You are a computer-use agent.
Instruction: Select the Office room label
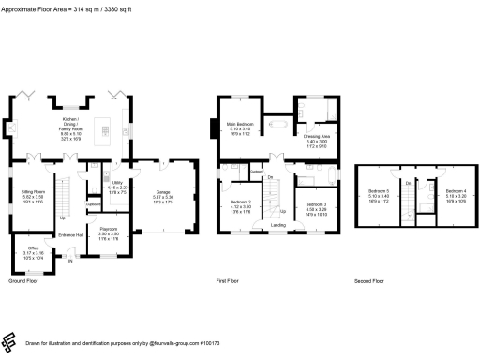[x=32, y=251]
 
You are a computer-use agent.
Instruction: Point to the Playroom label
[x=108, y=231]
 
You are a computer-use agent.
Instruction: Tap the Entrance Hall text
[x=73, y=234]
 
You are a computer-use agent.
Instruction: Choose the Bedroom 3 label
[x=315, y=206]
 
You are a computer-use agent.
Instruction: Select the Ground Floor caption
[x=23, y=281]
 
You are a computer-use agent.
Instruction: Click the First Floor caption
[x=229, y=281]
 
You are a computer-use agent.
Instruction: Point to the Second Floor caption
[x=369, y=281]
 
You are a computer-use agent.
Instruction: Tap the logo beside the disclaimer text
[x=11, y=342]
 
